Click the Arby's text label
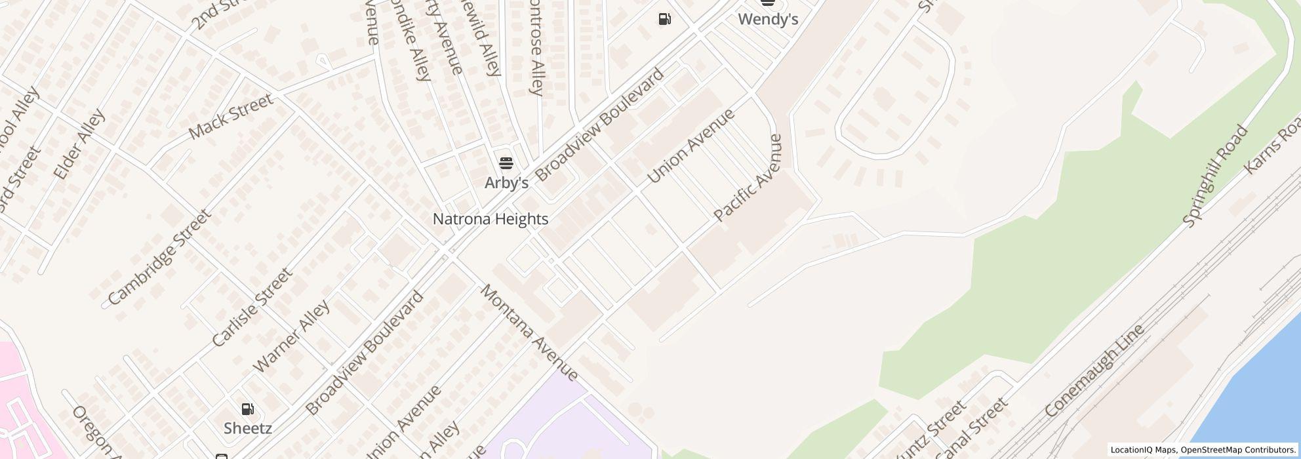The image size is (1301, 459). tap(506, 183)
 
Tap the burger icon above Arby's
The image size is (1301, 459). tap(506, 163)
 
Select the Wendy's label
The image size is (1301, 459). tap(768, 20)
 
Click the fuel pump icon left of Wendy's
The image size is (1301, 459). tap(664, 19)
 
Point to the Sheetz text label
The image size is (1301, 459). tap(247, 428)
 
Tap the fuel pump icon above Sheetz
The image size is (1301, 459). tap(247, 409)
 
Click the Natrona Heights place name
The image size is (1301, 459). tap(490, 219)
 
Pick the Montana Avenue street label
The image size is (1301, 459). tap(530, 332)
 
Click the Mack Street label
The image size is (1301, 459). tap(230, 117)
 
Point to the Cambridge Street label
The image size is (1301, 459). tap(159, 257)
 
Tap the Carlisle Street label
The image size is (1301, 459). tap(251, 307)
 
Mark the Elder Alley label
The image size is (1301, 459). tap(79, 144)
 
